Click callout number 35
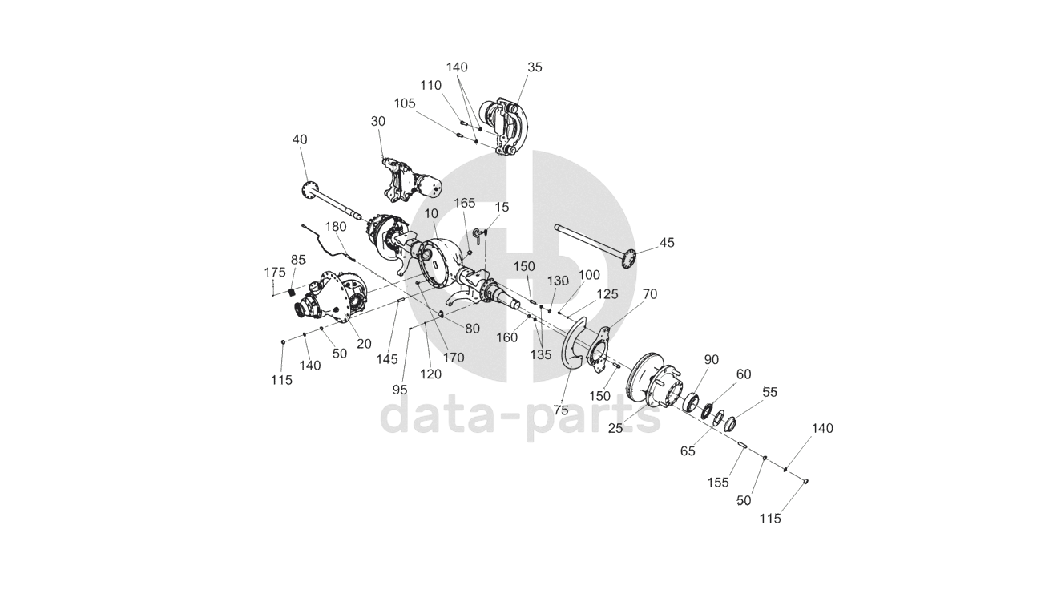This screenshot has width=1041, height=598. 535,67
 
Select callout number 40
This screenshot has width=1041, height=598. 300,139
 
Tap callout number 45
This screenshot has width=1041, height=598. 667,243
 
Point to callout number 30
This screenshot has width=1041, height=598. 378,121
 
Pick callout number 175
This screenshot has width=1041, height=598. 275,272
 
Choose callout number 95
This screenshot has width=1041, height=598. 400,390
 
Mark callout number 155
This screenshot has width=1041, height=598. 718,482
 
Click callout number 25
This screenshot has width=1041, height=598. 615,429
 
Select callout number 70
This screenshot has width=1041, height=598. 649,294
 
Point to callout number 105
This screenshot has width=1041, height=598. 405,103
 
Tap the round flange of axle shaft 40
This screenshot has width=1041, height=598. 308,189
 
